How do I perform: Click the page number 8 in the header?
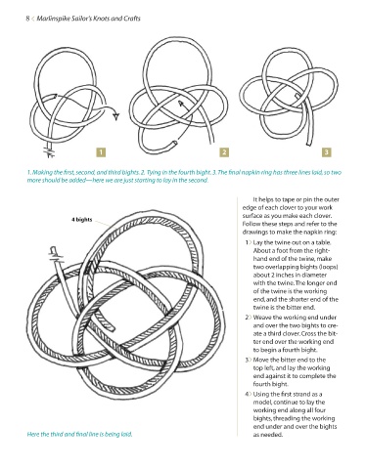click(27, 19)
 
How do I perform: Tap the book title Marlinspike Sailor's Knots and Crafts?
click(88, 19)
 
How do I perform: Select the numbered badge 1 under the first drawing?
click(101, 152)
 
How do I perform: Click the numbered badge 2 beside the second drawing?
click(224, 152)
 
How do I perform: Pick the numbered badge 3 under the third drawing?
click(327, 152)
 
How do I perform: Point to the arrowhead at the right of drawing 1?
click(116, 116)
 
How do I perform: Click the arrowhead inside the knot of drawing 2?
click(180, 104)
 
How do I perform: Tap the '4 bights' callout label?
click(82, 220)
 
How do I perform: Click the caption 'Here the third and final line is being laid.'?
click(79, 434)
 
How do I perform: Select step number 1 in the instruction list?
click(247, 242)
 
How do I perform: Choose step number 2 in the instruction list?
click(247, 318)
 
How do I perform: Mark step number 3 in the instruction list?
click(247, 360)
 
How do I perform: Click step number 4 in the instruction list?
click(247, 394)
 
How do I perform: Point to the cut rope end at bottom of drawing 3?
click(309, 144)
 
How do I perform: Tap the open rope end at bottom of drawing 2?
click(175, 143)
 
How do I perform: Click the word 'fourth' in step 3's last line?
click(261, 384)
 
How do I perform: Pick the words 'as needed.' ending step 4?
click(268, 435)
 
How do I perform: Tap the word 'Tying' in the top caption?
click(153, 173)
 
